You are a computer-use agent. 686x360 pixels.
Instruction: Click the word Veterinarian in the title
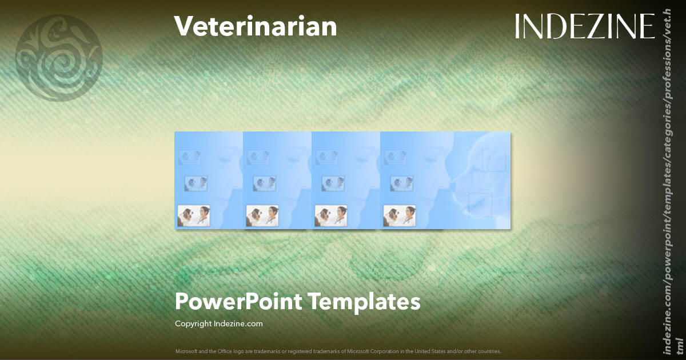[x=255, y=27]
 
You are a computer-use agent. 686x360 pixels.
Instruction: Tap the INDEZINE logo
[x=584, y=26]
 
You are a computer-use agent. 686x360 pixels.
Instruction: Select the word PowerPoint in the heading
[x=238, y=301]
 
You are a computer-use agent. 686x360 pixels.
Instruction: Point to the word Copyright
[x=193, y=324]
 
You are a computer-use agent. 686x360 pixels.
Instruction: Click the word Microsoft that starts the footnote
[x=185, y=351]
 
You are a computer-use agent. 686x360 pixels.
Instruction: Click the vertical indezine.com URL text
[x=665, y=189]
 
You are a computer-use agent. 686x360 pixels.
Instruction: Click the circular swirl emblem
[x=59, y=58]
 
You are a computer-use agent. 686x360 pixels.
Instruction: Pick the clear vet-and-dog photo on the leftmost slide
[x=194, y=216]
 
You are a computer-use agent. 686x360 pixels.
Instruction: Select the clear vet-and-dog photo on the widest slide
[x=400, y=216]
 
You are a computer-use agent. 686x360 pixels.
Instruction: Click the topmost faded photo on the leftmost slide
[x=189, y=157]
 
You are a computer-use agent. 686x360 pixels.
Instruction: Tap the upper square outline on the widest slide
[x=494, y=159]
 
